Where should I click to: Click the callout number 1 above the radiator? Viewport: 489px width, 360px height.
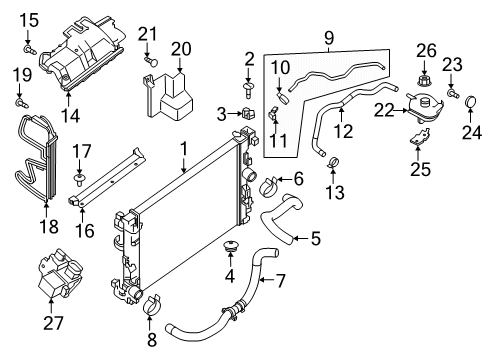click(x=183, y=148)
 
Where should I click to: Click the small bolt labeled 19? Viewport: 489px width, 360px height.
click(x=20, y=99)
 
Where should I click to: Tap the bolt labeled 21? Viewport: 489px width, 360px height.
click(x=149, y=62)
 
